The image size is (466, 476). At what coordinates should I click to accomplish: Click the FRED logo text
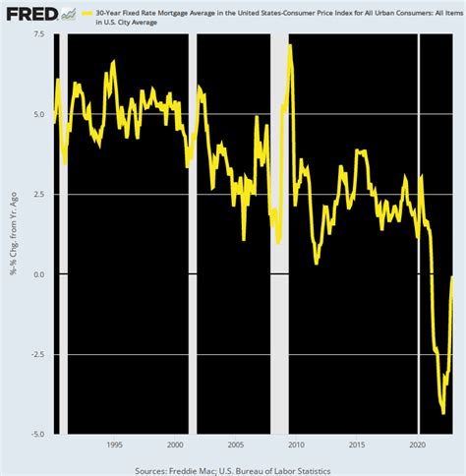point(30,14)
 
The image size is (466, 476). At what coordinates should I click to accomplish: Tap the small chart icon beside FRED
point(68,13)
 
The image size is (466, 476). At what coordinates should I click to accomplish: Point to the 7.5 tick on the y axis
point(37,34)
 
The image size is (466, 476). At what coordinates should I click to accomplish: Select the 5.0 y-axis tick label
point(37,114)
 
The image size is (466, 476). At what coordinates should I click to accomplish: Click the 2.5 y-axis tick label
point(37,194)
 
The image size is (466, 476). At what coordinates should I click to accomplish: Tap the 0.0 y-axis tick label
point(37,274)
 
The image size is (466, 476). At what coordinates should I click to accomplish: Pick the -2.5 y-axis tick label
point(36,354)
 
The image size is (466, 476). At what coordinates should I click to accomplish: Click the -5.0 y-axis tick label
point(36,434)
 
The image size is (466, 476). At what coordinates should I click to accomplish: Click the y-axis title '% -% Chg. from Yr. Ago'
point(15,234)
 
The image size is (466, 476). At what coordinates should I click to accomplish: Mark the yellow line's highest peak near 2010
point(290,46)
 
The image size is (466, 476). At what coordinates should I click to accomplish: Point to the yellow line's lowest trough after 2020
point(443,413)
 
